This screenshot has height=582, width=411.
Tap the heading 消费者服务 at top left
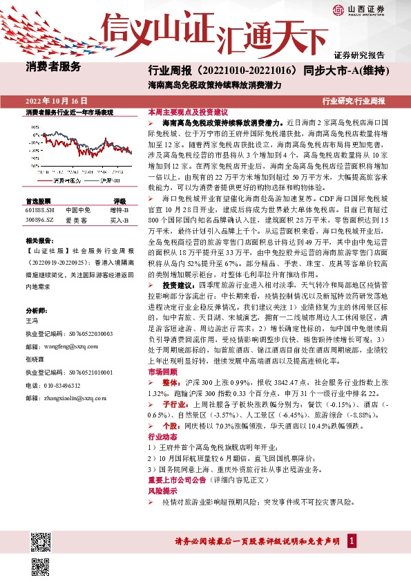(x=53, y=67)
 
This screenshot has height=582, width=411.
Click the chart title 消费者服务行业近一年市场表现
(x=69, y=111)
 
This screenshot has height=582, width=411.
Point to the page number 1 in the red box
(x=352, y=540)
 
